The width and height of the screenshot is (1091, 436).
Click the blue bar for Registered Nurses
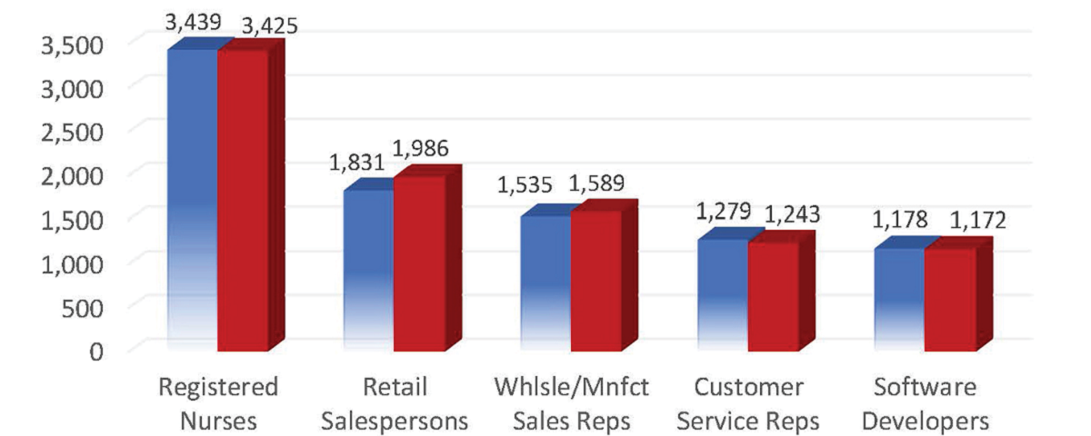point(193,200)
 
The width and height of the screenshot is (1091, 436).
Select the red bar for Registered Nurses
point(244,200)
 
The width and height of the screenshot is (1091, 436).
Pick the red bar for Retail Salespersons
point(419,263)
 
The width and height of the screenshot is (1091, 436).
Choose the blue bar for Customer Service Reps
point(722,294)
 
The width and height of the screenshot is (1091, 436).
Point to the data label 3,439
point(194,20)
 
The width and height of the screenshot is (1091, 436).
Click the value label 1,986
point(420,148)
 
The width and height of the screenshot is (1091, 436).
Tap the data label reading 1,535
point(525,186)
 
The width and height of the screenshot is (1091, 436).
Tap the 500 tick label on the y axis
point(86,306)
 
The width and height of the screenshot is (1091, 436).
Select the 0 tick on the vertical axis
point(97,351)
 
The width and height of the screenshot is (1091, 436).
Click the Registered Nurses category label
point(218,404)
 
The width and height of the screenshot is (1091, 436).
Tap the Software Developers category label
point(926,404)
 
